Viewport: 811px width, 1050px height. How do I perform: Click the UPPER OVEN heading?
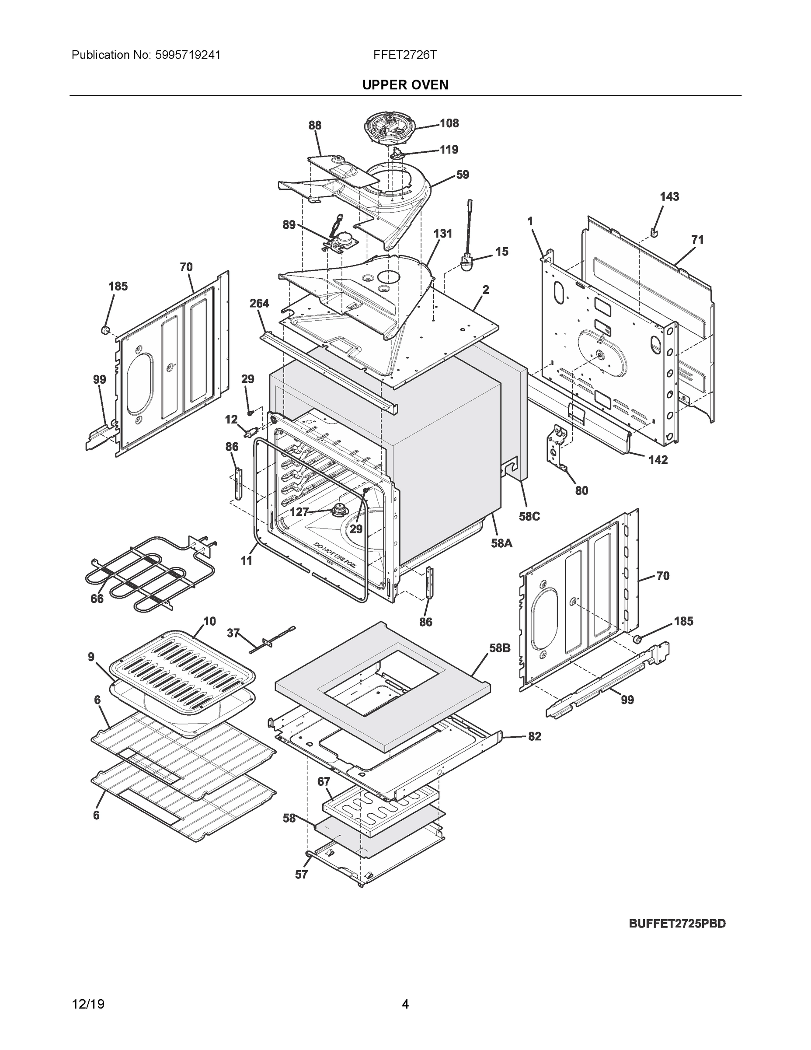405,85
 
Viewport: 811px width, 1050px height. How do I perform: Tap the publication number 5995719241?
188,55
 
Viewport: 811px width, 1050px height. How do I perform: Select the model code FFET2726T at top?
405,55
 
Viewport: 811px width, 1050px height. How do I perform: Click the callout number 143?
669,196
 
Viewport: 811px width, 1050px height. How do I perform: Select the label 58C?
529,516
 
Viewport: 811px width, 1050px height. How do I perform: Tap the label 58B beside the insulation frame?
500,648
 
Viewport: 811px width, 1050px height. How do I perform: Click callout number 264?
259,303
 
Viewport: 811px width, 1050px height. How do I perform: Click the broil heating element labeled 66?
144,574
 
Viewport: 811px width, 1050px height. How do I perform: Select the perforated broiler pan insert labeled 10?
183,668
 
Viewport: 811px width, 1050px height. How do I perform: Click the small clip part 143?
654,232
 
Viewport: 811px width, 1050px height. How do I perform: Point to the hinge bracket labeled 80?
557,444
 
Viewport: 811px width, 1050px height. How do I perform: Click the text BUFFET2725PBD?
677,924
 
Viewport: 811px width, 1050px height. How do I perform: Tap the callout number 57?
301,875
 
